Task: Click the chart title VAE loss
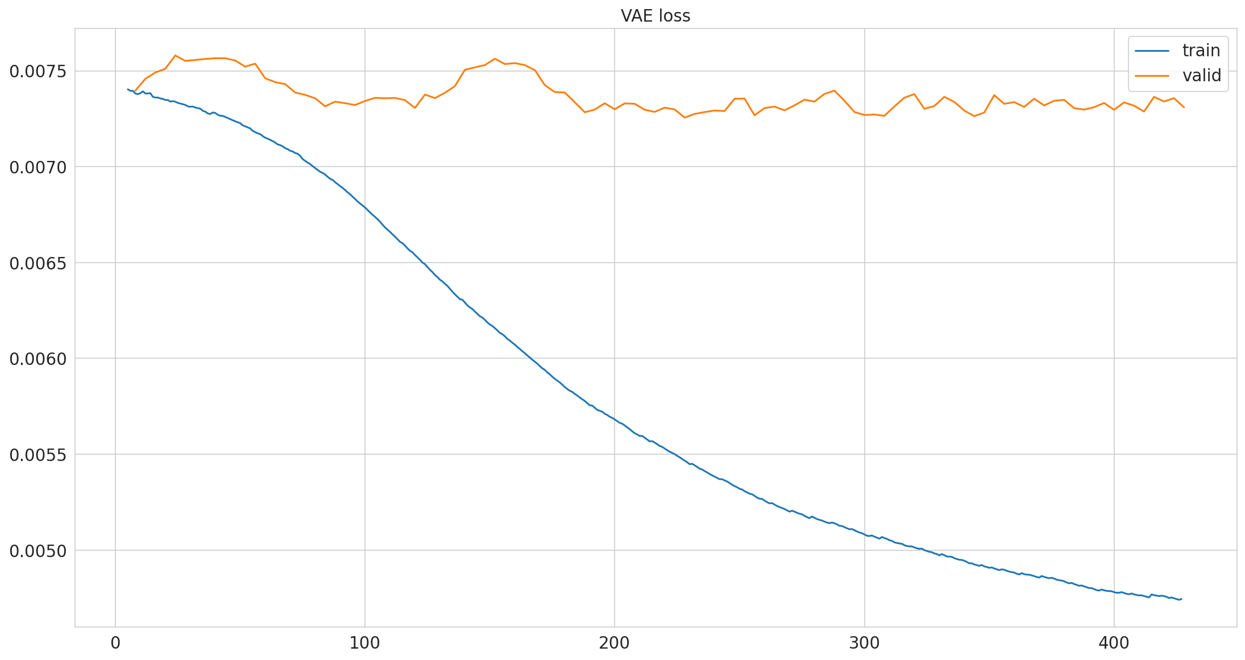[x=655, y=16]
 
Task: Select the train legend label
[x=1201, y=51]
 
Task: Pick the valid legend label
[x=1202, y=76]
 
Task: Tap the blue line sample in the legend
[x=1152, y=51]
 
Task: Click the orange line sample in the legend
[x=1152, y=76]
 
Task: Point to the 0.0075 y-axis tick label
[x=38, y=71]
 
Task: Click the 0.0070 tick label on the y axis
[x=38, y=167]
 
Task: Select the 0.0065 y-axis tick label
[x=38, y=263]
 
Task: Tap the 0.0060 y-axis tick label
[x=38, y=359]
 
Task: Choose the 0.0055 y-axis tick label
[x=38, y=455]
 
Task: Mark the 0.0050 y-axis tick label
[x=38, y=550]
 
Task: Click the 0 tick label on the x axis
[x=115, y=644]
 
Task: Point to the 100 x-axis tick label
[x=365, y=644]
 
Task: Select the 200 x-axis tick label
[x=615, y=644]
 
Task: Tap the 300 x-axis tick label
[x=864, y=644]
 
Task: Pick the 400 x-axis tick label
[x=1114, y=644]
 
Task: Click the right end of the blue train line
[x=1181, y=599]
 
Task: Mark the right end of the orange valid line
[x=1184, y=107]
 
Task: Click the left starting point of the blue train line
[x=127, y=89]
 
